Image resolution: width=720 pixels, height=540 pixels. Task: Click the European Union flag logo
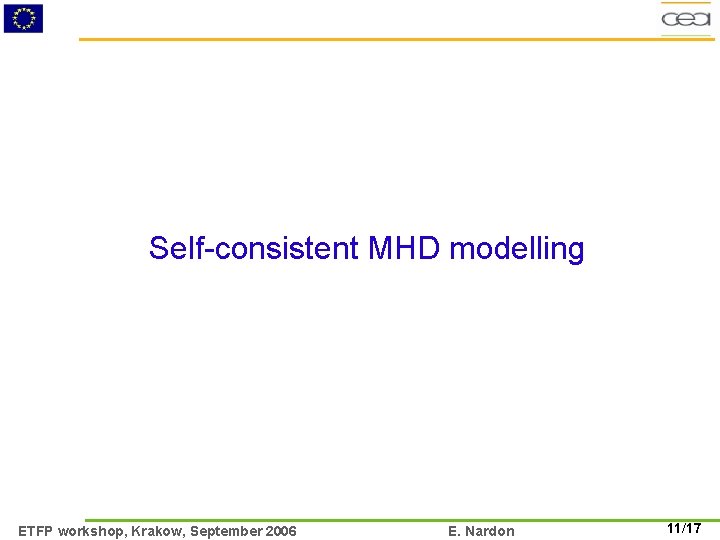pos(23,18)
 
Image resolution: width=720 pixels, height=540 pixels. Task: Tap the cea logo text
pos(686,19)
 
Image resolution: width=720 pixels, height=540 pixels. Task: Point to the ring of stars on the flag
pos(23,18)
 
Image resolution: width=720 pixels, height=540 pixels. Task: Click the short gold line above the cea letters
pos(686,3)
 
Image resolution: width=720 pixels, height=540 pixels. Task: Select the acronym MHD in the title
pos(405,248)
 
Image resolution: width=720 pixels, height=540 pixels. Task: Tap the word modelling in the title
pos(517,249)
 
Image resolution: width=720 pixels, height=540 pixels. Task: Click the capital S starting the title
pos(158,248)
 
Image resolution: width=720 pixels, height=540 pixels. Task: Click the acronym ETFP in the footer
pos(36,531)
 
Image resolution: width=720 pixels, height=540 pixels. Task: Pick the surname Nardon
pos(490,531)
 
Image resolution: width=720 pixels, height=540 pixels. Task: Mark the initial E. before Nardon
pos(455,531)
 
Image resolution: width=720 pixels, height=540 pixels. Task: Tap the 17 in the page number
pos(693,529)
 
